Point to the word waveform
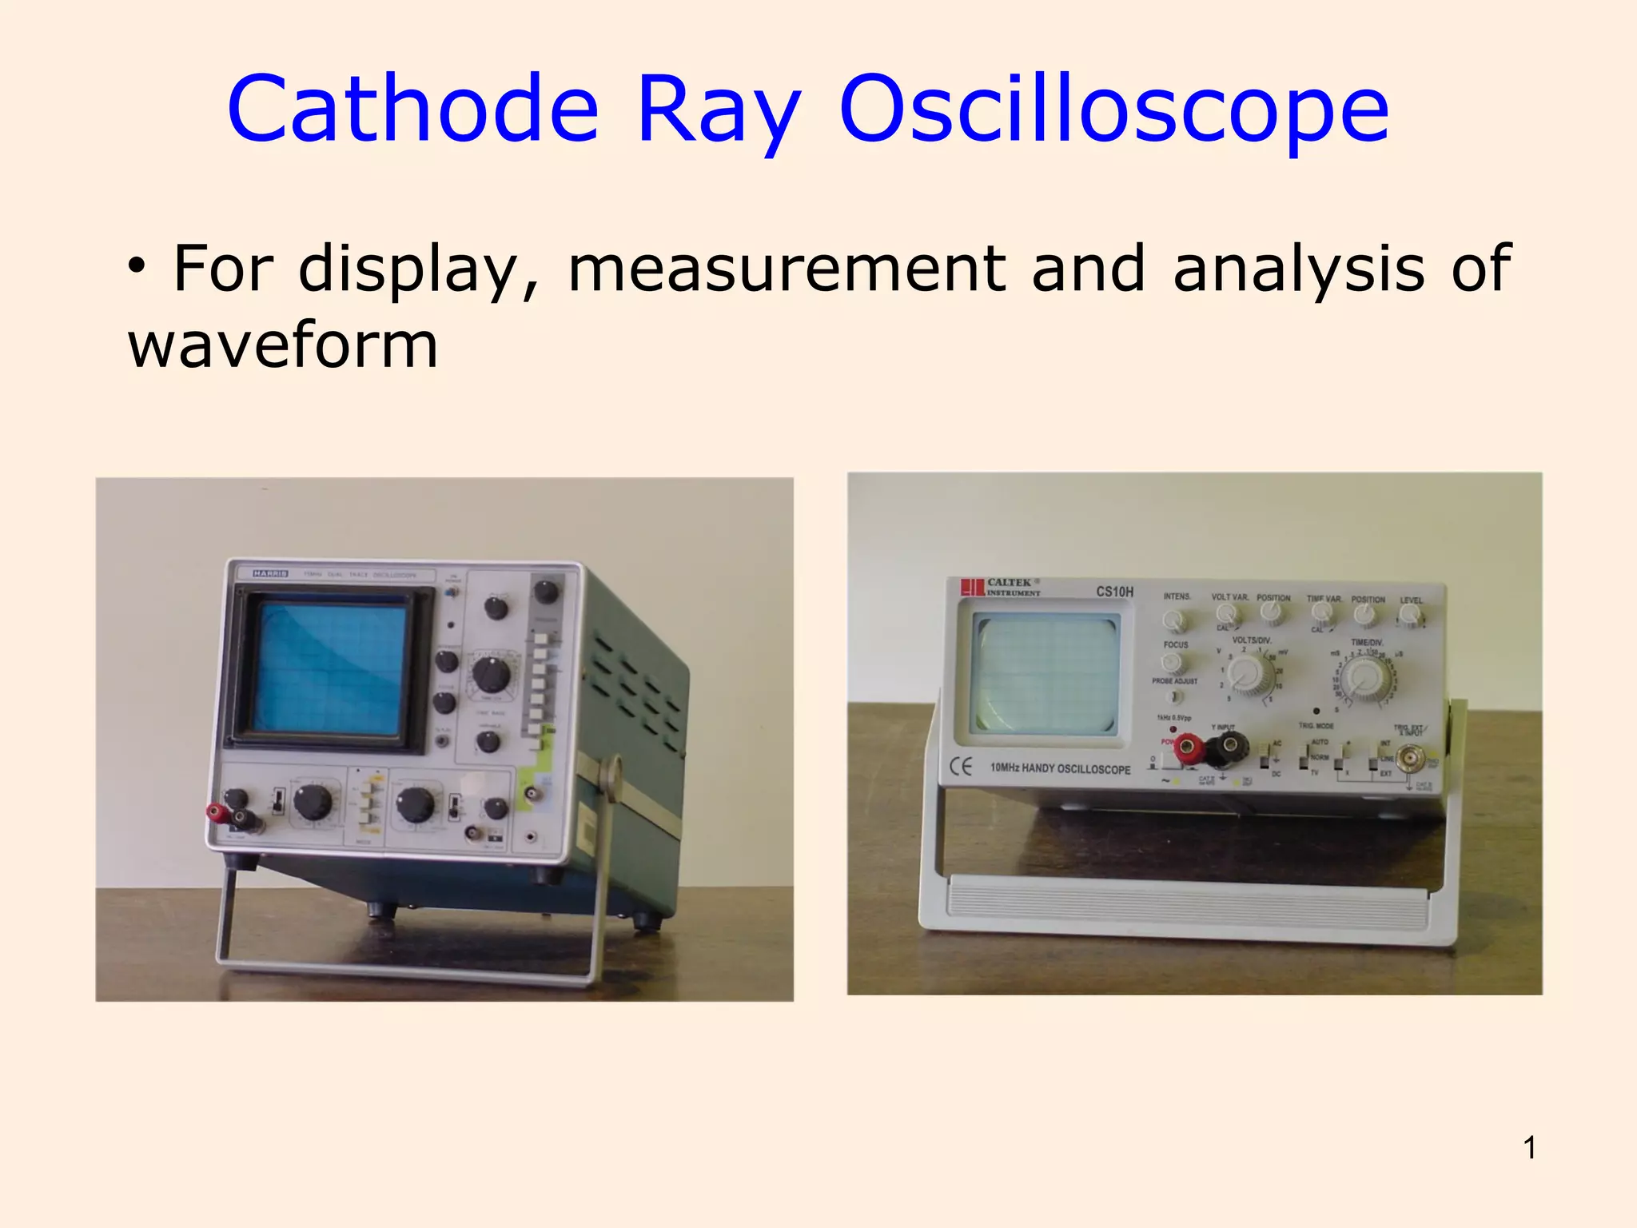pyautogui.click(x=283, y=345)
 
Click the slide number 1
pyautogui.click(x=1529, y=1148)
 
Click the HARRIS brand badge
pyautogui.click(x=270, y=574)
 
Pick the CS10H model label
pyautogui.click(x=1114, y=592)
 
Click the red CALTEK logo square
pyautogui.click(x=972, y=588)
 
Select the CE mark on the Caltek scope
pyautogui.click(x=961, y=767)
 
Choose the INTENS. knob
pyautogui.click(x=1175, y=620)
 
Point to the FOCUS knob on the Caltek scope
pyautogui.click(x=1172, y=662)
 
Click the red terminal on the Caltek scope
pyautogui.click(x=1188, y=748)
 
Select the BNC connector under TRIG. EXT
pyautogui.click(x=1409, y=756)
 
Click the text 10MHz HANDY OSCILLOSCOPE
pyautogui.click(x=1060, y=768)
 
